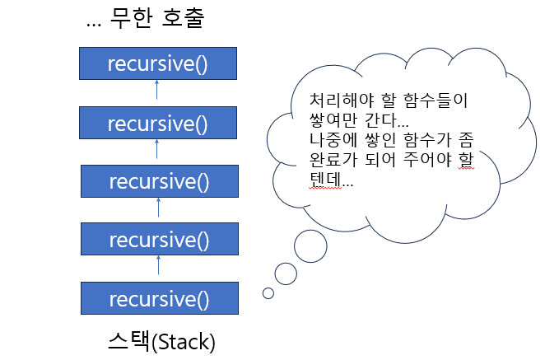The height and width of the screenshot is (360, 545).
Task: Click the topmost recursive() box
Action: pyautogui.click(x=158, y=63)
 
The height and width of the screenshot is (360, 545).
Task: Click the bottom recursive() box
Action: pyautogui.click(x=158, y=297)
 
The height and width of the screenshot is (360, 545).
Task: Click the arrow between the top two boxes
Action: pyautogui.click(x=158, y=92)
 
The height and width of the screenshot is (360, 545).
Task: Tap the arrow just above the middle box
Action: pyautogui.click(x=158, y=151)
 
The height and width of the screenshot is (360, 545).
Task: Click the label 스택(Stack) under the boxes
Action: pyautogui.click(x=161, y=339)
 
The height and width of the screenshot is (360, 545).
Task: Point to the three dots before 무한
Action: pyautogui.click(x=94, y=23)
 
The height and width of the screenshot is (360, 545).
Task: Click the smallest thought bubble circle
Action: pyautogui.click(x=268, y=292)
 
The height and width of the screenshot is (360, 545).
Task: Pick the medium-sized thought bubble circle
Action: pyautogui.click(x=286, y=273)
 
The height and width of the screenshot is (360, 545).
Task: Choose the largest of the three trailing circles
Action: pyautogui.click(x=311, y=245)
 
